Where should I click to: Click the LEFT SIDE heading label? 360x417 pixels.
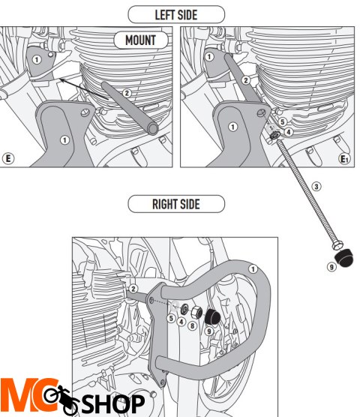coord(176,13)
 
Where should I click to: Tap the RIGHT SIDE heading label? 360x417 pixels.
coord(175,203)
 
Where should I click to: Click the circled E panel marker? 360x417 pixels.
coord(8,158)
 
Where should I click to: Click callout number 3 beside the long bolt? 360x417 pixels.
coord(316,186)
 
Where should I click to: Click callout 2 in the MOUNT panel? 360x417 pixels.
coord(127,93)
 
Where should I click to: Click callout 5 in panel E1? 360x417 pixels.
coord(282,121)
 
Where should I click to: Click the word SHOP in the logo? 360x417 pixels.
coord(113,403)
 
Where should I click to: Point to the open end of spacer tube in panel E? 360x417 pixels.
coord(153,130)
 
